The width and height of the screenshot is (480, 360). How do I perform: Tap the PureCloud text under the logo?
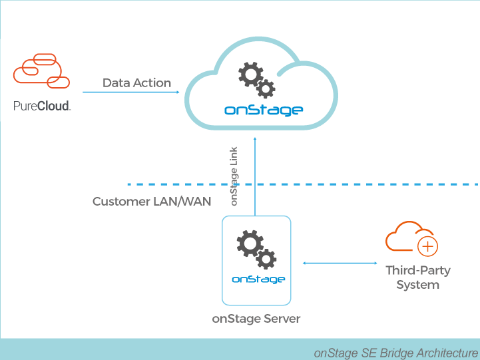pos(42,105)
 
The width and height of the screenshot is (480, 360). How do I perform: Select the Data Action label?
pos(136,83)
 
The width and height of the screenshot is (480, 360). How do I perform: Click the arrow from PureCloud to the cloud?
pos(130,92)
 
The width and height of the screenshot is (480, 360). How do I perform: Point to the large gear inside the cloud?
pos(250,74)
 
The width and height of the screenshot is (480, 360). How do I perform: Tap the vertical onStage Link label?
pos(234,175)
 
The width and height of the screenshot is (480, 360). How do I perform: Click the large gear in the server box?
pos(250,244)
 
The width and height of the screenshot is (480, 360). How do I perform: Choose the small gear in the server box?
pos(267,259)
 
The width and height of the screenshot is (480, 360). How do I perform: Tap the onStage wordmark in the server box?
pos(258,279)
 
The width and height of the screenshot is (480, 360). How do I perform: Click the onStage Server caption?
pos(256,319)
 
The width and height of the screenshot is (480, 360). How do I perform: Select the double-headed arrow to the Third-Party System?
pos(340,264)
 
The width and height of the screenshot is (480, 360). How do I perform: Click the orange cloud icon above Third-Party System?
pos(406,238)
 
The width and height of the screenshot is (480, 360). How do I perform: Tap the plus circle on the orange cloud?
pos(427,247)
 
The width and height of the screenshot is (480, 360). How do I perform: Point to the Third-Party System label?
pos(418,277)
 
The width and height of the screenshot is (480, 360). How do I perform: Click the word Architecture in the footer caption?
pos(447,352)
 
